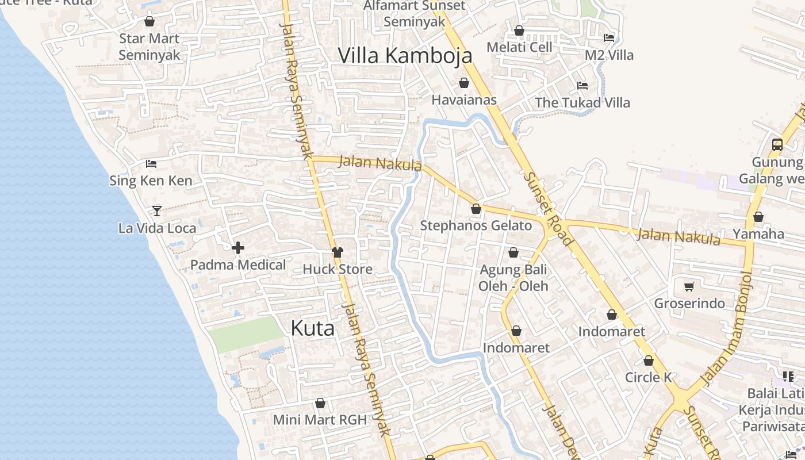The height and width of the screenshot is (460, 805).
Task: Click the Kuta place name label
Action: (x=312, y=328)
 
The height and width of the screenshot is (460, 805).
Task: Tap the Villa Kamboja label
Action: (x=405, y=56)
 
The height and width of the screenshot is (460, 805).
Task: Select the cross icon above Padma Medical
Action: (x=238, y=248)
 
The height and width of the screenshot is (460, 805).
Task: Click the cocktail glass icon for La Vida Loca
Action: (x=156, y=210)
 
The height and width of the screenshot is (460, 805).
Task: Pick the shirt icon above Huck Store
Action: (x=337, y=252)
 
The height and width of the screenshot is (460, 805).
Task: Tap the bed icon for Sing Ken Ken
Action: (x=151, y=164)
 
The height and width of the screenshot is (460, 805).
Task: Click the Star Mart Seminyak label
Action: (x=149, y=47)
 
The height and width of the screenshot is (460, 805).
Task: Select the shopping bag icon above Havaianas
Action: (x=463, y=83)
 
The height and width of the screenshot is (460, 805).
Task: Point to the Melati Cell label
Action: (x=519, y=47)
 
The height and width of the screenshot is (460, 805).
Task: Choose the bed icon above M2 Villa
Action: (x=609, y=38)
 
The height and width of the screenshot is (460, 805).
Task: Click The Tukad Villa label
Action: (x=582, y=103)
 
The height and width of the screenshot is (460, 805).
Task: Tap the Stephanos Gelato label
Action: (x=476, y=225)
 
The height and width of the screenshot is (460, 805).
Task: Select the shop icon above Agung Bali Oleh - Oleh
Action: (x=513, y=252)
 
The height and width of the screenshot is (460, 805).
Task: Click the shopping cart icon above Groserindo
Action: (x=689, y=286)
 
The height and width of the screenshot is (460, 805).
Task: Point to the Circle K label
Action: (x=648, y=377)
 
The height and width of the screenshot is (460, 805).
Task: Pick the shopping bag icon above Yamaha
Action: (x=758, y=217)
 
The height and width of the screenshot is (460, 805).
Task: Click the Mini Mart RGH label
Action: (x=320, y=420)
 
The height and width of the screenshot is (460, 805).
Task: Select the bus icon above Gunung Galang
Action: (x=777, y=145)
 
